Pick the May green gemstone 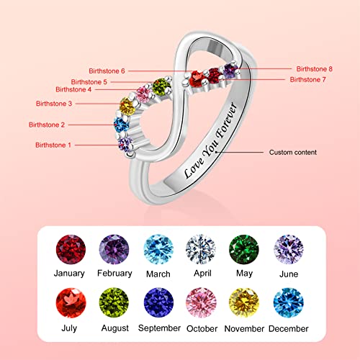(243, 250)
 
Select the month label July (69, 330)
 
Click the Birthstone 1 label (53, 145)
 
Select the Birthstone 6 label (107, 71)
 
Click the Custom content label (293, 153)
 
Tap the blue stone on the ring (120, 126)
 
